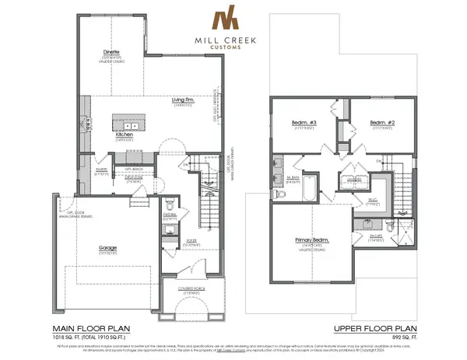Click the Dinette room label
click(x=111, y=52)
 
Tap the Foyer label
click(x=184, y=243)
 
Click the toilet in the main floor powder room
click(x=172, y=208)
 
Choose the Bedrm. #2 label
click(x=379, y=123)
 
